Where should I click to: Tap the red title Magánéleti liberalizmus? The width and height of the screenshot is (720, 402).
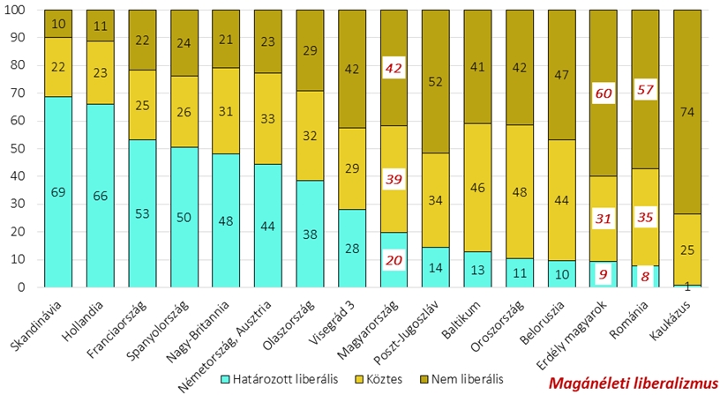pyautogui.click(x=633, y=383)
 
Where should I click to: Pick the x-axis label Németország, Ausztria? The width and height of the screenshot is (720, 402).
pyautogui.click(x=238, y=339)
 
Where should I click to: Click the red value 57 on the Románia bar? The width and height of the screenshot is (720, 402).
pyautogui.click(x=644, y=91)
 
